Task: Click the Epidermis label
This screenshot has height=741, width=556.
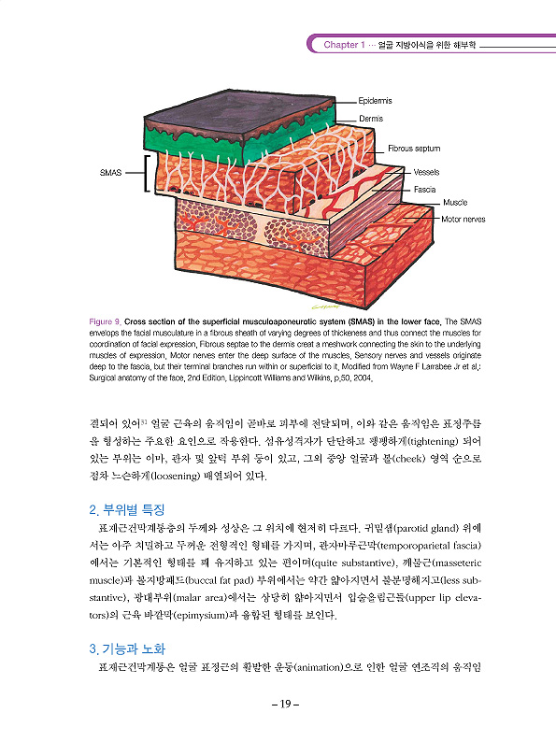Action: [x=375, y=101]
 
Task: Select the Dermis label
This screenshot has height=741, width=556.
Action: [x=371, y=119]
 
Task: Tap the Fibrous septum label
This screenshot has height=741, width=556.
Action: [x=414, y=149]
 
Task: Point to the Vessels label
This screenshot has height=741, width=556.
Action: [x=426, y=172]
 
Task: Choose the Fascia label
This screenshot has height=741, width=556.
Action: [x=424, y=190]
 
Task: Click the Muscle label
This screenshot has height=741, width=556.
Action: [x=455, y=202]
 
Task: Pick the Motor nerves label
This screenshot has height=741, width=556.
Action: [x=463, y=220]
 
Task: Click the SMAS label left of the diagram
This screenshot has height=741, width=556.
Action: [x=110, y=173]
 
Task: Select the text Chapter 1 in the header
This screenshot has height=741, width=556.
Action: [x=344, y=45]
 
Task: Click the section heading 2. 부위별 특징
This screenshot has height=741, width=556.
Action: [x=127, y=510]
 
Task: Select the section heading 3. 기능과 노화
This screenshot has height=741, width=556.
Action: [x=127, y=648]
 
